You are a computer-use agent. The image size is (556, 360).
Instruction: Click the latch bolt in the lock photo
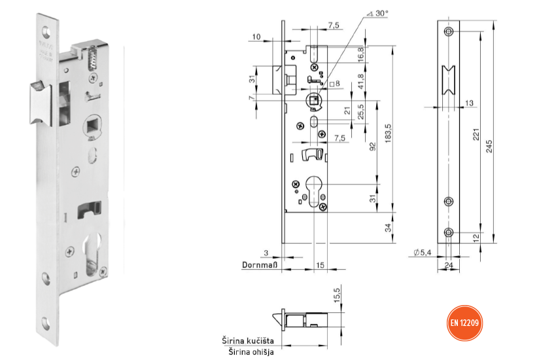coord(41,101)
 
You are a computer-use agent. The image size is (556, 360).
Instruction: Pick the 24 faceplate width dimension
coord(450,266)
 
